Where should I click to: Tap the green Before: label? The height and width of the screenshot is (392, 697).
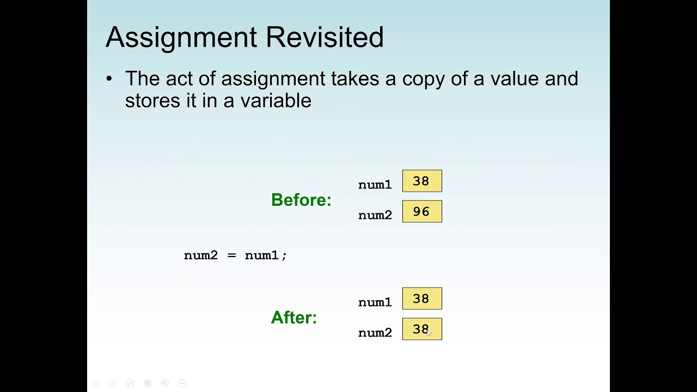tap(301, 200)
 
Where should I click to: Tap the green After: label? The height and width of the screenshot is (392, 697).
tap(294, 317)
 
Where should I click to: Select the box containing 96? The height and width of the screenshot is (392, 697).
tap(422, 212)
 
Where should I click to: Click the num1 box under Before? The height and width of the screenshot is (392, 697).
tap(422, 181)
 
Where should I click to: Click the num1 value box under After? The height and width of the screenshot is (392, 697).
tap(422, 299)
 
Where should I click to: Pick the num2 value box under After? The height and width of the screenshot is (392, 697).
tap(422, 329)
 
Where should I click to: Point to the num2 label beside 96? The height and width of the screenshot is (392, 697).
tap(375, 216)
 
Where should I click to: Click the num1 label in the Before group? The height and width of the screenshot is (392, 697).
tap(375, 185)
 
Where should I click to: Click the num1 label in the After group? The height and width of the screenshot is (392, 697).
tap(375, 303)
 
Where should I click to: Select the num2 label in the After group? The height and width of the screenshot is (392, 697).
tap(375, 333)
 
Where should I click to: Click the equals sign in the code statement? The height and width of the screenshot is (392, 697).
tap(232, 255)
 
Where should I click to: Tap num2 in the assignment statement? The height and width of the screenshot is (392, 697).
tap(201, 255)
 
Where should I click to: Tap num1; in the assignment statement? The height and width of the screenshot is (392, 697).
tap(266, 255)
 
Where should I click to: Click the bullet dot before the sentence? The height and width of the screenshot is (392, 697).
tap(109, 79)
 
